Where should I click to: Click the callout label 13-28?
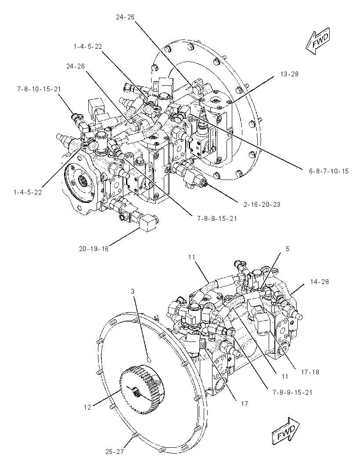tap(289, 74)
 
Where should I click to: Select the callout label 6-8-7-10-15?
tap(329, 171)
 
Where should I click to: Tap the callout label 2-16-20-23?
tap(262, 205)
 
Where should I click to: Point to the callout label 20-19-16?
tap(94, 248)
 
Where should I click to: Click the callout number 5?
tap(288, 249)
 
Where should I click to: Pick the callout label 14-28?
tap(320, 281)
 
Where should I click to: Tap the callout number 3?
tap(133, 292)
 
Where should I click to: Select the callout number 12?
tap(87, 407)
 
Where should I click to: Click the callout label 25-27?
tap(115, 452)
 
